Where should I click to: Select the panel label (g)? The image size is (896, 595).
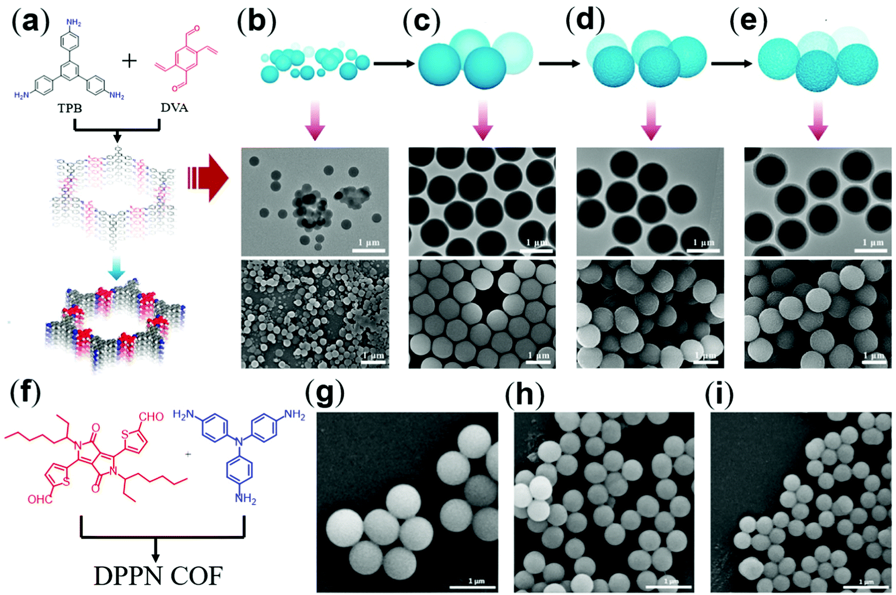tap(324, 394)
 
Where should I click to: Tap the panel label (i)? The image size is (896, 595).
tap(719, 394)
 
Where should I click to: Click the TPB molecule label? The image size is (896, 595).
tap(70, 108)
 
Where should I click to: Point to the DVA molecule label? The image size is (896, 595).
tap(174, 107)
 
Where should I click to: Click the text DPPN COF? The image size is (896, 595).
tap(158, 576)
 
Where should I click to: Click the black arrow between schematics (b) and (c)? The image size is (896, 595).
tap(393, 63)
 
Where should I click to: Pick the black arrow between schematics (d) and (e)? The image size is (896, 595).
tap(731, 63)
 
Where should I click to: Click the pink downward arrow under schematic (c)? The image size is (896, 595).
tap(483, 122)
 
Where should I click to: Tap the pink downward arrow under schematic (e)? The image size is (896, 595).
tap(817, 122)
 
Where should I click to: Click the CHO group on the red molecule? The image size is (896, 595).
tap(151, 416)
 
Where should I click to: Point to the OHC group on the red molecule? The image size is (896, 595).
tap(40, 499)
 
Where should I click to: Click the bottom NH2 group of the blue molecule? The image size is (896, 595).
tap(245, 498)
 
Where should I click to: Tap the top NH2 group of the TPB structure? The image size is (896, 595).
tap(74, 23)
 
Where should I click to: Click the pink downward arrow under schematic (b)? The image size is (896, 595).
tap(315, 122)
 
